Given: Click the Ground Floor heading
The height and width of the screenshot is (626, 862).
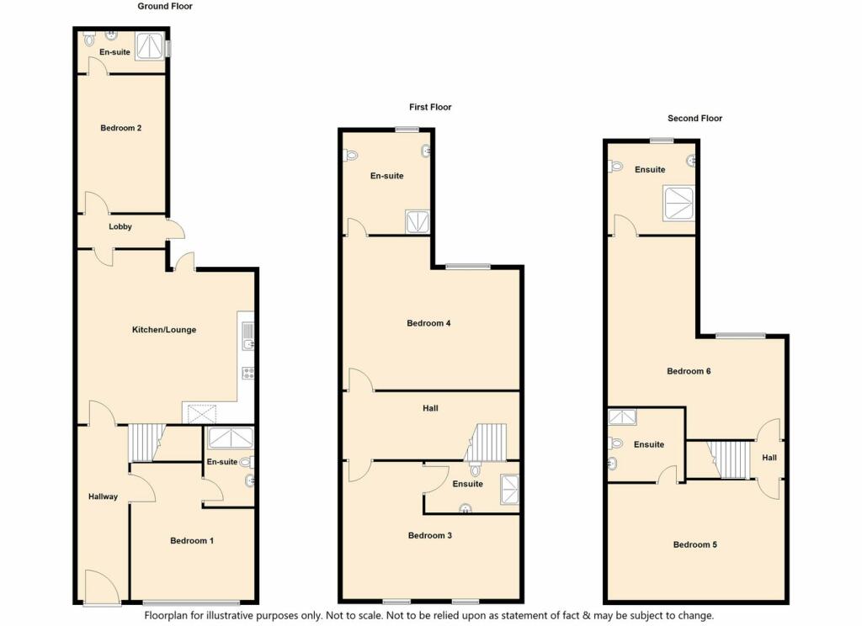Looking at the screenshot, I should point(165,7).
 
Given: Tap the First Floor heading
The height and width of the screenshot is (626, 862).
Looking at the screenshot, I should point(430,107).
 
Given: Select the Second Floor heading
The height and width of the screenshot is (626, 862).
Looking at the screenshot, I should point(694,119).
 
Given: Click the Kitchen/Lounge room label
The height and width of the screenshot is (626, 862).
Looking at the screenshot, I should point(164,330).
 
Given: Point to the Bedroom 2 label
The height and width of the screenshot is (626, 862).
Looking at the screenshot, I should point(120,128).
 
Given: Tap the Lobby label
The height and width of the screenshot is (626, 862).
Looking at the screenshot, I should point(120,227).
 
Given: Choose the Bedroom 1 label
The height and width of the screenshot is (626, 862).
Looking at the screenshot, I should point(192,540).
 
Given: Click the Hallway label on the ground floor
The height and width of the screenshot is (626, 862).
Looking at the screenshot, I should point(103,496).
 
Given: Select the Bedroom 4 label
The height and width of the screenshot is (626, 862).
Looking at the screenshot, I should point(429,323).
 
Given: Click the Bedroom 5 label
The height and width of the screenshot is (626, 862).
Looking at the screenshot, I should point(695,544).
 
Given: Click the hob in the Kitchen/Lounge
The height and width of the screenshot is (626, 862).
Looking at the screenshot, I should point(247,373).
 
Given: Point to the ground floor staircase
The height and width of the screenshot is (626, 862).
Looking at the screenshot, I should point(144,442).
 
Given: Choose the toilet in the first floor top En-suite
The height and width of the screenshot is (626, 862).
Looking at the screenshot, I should point(350,155).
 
